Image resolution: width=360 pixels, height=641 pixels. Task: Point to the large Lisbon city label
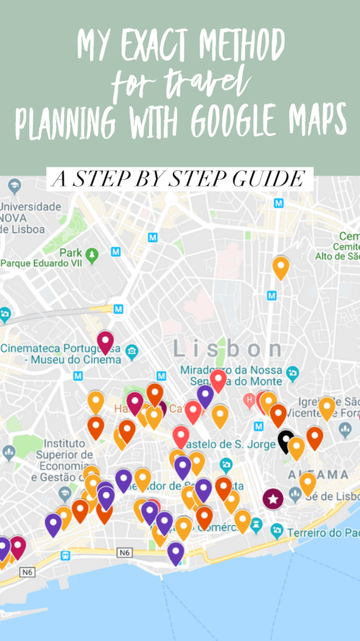click(x=228, y=349)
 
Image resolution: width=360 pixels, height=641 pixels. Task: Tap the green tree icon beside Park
click(x=93, y=254)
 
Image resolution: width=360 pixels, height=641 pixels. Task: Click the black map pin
click(x=286, y=441)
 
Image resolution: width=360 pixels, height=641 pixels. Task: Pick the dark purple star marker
click(x=272, y=499)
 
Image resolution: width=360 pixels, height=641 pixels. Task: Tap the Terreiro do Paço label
click(x=323, y=533)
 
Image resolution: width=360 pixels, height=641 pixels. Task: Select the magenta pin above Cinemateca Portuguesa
click(x=105, y=341)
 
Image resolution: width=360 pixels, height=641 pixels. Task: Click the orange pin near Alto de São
click(x=280, y=266)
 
